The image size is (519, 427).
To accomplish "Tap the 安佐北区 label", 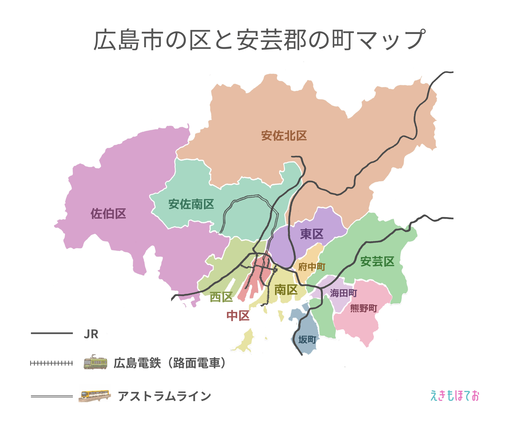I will pyautogui.click(x=284, y=136).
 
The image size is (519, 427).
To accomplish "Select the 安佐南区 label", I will pyautogui.click(x=191, y=204).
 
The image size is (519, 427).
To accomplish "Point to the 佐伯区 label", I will pyautogui.click(x=108, y=214).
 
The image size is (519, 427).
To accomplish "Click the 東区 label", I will pyautogui.click(x=312, y=234).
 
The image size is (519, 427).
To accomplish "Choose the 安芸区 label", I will pyautogui.click(x=377, y=261).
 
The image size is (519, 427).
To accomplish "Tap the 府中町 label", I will pyautogui.click(x=312, y=267).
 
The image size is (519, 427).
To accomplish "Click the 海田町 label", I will pyautogui.click(x=343, y=293).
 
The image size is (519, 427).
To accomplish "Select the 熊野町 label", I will pyautogui.click(x=364, y=308).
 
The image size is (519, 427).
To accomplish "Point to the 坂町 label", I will pyautogui.click(x=307, y=339).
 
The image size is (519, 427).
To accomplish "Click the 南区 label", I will pyautogui.click(x=286, y=290).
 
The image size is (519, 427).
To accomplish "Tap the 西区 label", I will pyautogui.click(x=221, y=297).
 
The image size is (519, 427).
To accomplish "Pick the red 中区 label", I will pyautogui.click(x=238, y=316).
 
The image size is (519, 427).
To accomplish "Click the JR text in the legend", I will pyautogui.click(x=91, y=334).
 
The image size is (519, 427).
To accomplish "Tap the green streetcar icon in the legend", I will pyautogui.click(x=95, y=362).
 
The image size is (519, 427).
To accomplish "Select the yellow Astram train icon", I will pyautogui.click(x=95, y=395).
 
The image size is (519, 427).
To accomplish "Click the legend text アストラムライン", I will pyautogui.click(x=165, y=396).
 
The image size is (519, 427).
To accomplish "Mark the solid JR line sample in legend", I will pyautogui.click(x=52, y=333).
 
